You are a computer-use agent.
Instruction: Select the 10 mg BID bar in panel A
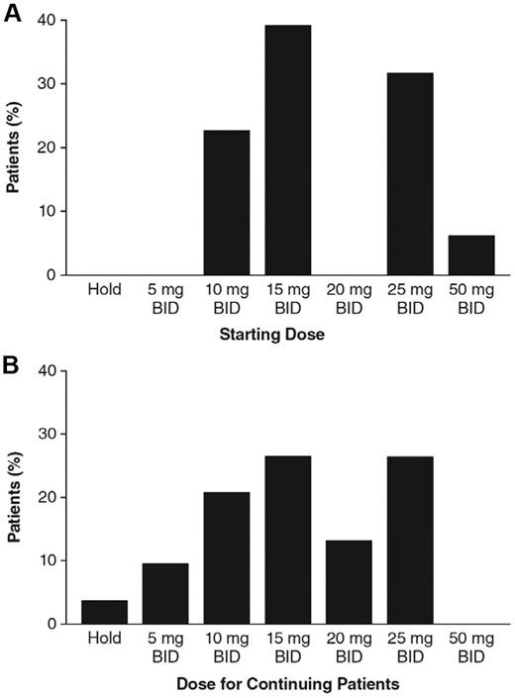(x=227, y=203)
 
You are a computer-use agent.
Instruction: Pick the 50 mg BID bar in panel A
(x=470, y=255)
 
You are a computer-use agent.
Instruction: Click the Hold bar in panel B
(x=105, y=612)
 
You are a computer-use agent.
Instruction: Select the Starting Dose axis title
(x=287, y=335)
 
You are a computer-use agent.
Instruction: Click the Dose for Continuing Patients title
(x=287, y=683)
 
